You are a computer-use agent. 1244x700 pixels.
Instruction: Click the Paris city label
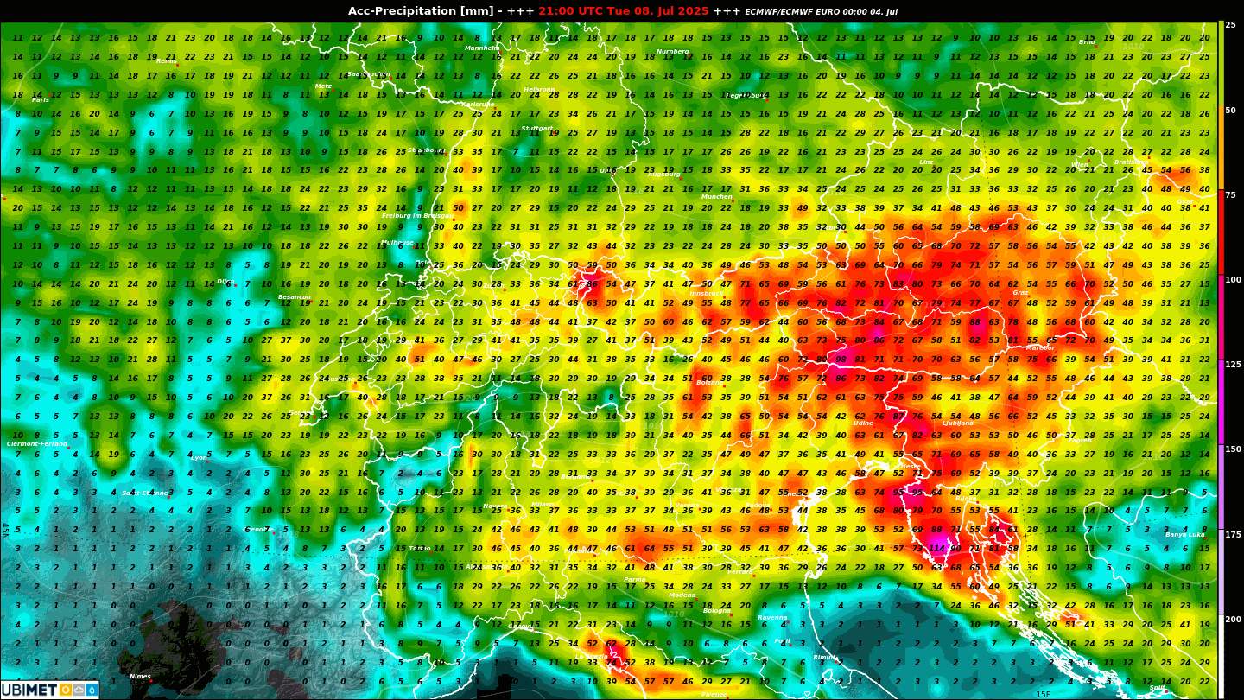[41, 100]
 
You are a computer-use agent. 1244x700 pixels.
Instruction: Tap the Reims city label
[166, 61]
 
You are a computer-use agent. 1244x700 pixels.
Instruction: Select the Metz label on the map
[323, 86]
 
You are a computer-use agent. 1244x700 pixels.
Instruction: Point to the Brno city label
[1087, 41]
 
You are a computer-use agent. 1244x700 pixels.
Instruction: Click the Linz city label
[926, 162]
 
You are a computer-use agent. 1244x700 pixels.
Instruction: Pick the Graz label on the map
[1020, 293]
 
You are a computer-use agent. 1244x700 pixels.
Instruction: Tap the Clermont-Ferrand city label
[37, 444]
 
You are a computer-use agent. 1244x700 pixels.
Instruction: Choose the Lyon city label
[200, 458]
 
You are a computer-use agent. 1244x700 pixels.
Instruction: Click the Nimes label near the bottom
[140, 677]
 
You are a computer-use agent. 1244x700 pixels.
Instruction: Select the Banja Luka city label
[1184, 535]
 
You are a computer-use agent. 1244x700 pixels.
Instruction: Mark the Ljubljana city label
[957, 423]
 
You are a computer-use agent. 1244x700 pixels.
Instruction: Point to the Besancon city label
[294, 297]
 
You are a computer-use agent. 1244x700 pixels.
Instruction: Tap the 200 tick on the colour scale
[1231, 620]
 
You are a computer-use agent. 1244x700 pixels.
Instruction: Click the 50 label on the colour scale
[1230, 111]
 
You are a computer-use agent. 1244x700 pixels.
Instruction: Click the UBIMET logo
[49, 690]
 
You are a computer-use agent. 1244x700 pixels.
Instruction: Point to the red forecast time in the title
[623, 11]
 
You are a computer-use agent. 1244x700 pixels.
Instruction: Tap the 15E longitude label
[1044, 694]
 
